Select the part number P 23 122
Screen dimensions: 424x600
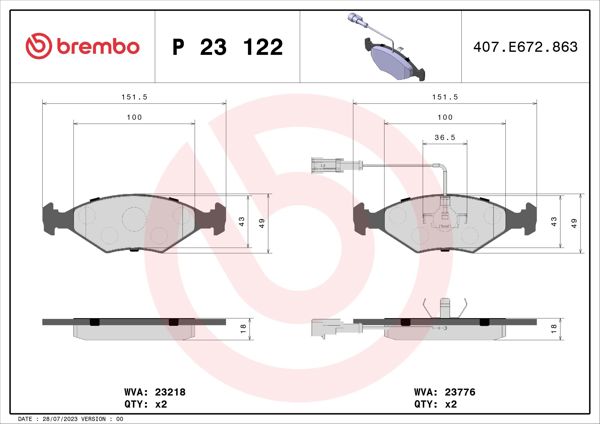(228, 47)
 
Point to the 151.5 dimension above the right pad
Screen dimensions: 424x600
(444, 98)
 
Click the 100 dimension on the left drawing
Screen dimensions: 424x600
(134, 118)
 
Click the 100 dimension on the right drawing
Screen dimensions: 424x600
(445, 118)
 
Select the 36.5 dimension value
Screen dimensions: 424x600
(445, 138)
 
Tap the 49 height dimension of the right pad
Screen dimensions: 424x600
(574, 221)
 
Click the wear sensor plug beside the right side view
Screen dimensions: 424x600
(326, 325)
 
